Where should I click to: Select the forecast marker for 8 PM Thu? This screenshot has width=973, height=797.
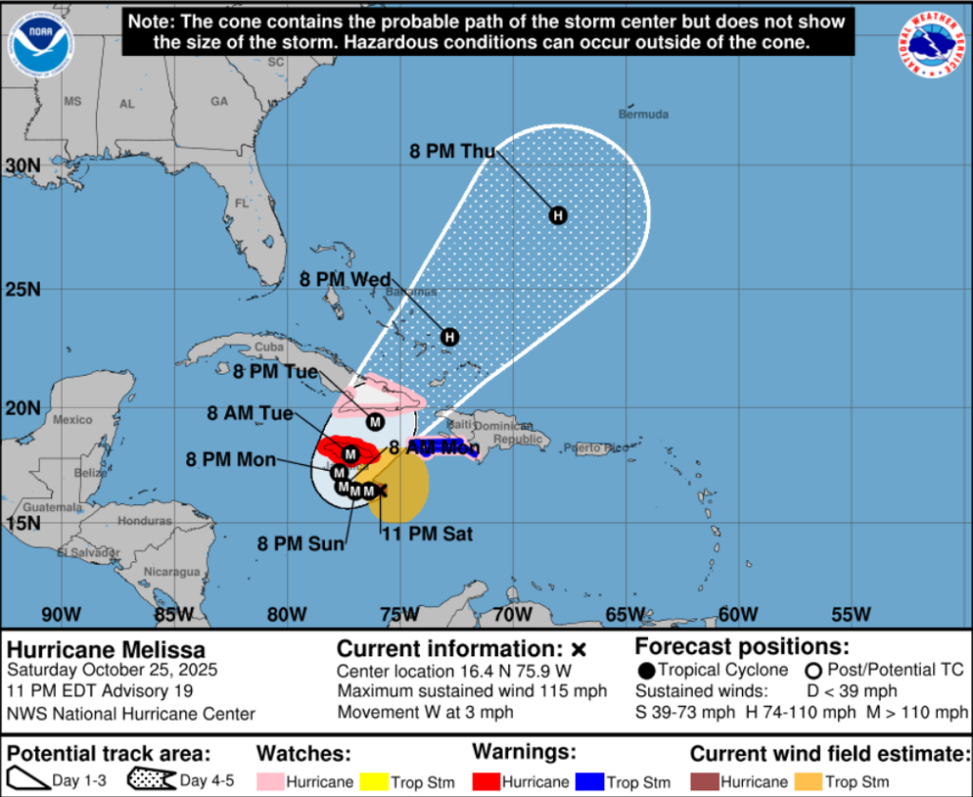click(558, 215)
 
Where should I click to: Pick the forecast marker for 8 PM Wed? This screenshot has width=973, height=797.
click(449, 336)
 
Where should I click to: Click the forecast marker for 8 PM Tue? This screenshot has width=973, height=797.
click(374, 421)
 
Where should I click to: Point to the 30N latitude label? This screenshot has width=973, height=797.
click(22, 165)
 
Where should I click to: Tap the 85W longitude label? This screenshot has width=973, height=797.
click(175, 614)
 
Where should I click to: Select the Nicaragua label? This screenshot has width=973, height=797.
click(172, 572)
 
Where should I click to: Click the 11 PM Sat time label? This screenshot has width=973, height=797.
click(427, 535)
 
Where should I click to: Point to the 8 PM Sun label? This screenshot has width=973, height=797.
click(300, 544)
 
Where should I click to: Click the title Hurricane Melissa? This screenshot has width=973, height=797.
click(106, 651)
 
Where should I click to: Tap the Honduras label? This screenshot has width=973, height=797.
click(144, 521)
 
